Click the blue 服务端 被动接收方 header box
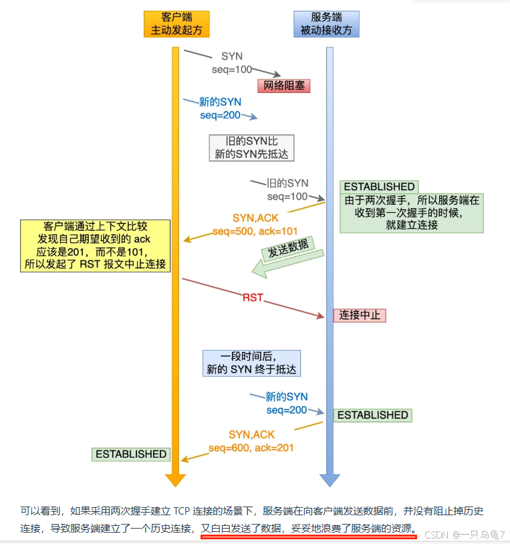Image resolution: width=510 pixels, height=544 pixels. coord(326,24)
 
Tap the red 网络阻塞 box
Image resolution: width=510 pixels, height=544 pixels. coord(284,86)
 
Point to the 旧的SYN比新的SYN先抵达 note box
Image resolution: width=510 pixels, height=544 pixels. coord(251,147)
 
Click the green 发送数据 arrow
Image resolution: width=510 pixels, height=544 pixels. coord(287,258)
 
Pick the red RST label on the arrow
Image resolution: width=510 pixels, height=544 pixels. coord(253,297)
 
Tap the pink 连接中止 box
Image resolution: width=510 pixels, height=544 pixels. coord(360,315)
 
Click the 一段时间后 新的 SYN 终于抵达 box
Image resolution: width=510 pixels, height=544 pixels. coord(251,363)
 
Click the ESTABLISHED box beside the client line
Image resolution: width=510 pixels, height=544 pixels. coord(131,454)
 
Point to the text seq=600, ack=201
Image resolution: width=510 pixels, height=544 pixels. coord(251,448)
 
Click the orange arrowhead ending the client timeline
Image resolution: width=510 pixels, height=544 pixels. coord(176,480)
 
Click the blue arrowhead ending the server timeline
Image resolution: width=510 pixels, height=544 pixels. coord(330,480)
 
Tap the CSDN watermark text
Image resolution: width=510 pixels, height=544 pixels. coord(465,535)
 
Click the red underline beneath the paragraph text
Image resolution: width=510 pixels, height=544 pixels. coord(309,537)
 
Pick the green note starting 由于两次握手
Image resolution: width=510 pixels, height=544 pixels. coord(412,213)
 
